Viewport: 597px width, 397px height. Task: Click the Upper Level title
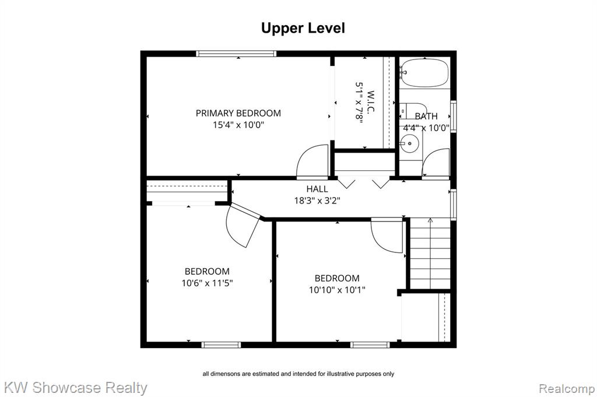click(303, 28)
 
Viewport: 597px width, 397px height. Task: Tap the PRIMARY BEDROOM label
click(238, 113)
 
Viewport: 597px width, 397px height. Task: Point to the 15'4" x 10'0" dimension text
click(238, 125)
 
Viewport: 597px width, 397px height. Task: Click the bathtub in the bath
click(424, 73)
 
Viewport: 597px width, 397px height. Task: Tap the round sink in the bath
click(409, 143)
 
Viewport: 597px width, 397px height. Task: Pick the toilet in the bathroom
click(413, 111)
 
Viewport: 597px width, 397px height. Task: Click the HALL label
click(317, 189)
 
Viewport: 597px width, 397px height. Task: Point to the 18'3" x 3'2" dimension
click(317, 200)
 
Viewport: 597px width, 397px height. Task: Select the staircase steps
click(430, 254)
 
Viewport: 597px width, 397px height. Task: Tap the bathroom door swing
click(436, 163)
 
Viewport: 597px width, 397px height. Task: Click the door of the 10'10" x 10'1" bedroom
click(387, 236)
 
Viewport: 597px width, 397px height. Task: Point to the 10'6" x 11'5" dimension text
click(207, 283)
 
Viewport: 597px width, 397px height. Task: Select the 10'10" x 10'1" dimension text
click(337, 290)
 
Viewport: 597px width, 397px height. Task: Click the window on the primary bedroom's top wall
click(236, 54)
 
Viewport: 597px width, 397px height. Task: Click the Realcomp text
click(567, 389)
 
